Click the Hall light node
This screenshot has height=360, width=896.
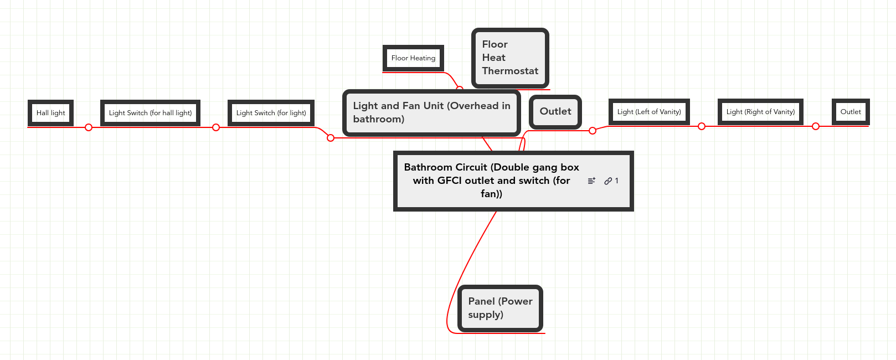click(x=51, y=113)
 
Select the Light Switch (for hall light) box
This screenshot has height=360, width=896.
click(x=150, y=113)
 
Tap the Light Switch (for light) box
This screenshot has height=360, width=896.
click(x=271, y=113)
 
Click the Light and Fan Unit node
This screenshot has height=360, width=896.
click(x=431, y=112)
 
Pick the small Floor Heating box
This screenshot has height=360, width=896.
click(x=413, y=58)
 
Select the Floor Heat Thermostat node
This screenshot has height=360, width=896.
click(x=510, y=58)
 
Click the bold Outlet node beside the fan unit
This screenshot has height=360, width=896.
click(x=555, y=111)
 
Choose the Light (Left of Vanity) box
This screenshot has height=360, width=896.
click(x=649, y=112)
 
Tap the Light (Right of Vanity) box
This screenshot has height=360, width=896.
click(x=760, y=112)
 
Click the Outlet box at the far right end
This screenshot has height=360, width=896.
click(x=851, y=112)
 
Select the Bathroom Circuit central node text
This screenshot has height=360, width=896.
click(x=491, y=181)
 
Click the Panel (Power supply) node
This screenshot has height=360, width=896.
click(x=500, y=308)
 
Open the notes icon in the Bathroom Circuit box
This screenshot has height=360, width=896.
click(x=591, y=181)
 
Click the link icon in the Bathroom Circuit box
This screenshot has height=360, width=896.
click(x=608, y=181)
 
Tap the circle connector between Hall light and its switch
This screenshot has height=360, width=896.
click(x=89, y=127)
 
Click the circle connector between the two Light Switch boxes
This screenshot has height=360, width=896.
click(x=216, y=127)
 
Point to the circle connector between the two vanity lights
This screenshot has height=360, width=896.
click(x=702, y=126)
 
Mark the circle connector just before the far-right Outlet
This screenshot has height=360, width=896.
click(x=816, y=126)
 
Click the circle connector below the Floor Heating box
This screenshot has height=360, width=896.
click(x=459, y=89)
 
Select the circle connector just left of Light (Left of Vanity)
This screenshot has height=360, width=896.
click(x=593, y=131)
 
